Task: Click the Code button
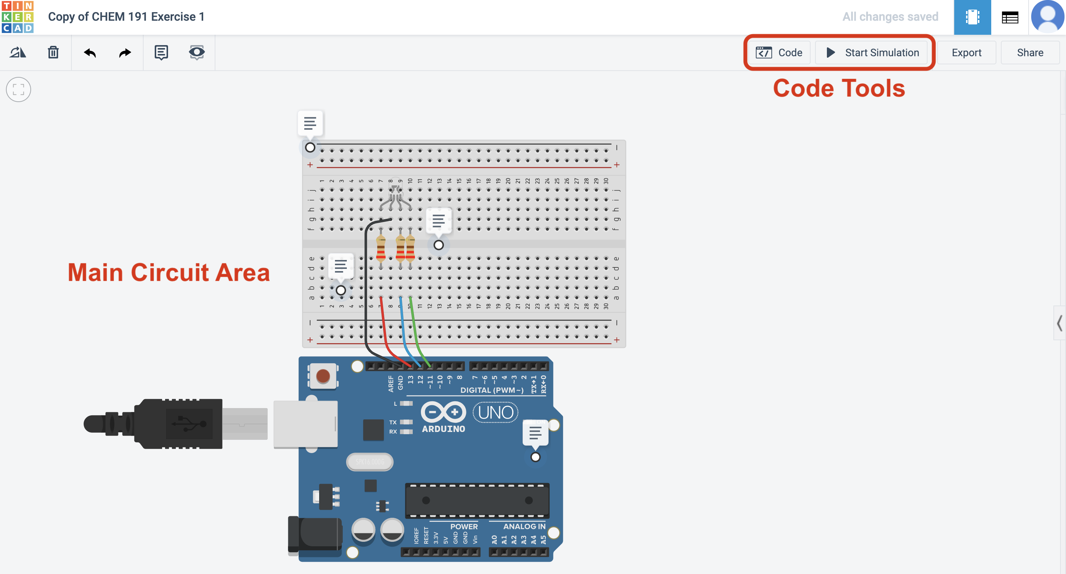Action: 779,53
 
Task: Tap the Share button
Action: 1030,53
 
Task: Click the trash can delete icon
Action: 53,53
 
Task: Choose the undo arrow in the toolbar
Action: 89,53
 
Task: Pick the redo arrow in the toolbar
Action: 125,53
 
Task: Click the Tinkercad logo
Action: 17,17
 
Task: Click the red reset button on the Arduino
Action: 323,376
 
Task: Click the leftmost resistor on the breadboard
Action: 381,248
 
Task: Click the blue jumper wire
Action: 403,331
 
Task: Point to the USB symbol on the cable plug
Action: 190,423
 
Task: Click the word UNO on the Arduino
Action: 495,412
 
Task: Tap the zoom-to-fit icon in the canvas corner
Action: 19,90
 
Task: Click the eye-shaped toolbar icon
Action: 197,53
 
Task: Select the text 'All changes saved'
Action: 890,17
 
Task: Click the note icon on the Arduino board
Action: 535,433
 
